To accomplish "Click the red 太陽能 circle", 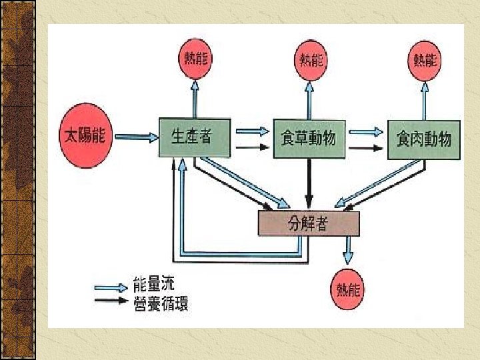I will coord(84,136).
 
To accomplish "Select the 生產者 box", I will coord(194,137).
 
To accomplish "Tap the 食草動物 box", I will coord(307,139).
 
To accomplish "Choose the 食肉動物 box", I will coord(423,139).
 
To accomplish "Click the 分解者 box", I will coord(308,223).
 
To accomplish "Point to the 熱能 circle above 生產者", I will coord(195,59).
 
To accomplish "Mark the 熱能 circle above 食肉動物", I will coord(425,61).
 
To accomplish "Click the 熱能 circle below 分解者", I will coord(348,289).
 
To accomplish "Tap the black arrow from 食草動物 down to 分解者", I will coord(309,183).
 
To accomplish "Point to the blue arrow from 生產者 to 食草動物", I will coord(251,131).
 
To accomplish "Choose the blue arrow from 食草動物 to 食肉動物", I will coord(366,131).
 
